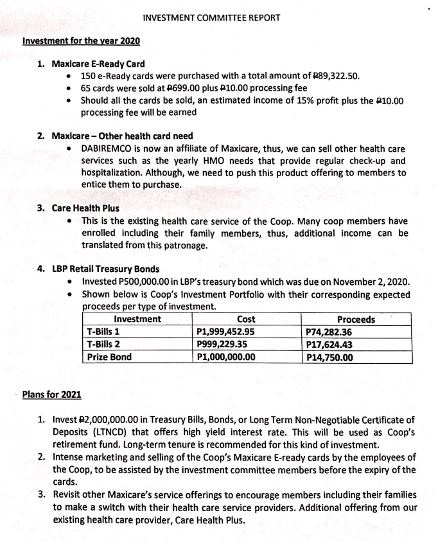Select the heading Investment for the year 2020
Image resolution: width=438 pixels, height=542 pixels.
[x=82, y=41]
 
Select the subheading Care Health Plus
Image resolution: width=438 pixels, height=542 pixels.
[x=86, y=208]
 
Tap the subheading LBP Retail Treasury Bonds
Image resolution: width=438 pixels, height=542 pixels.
[x=107, y=269]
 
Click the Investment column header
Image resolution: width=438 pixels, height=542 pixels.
[x=137, y=320]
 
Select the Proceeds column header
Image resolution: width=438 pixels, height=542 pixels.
[x=356, y=320]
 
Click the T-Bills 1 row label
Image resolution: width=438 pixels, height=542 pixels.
[x=103, y=332]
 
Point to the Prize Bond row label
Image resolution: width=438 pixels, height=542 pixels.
[x=109, y=356]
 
